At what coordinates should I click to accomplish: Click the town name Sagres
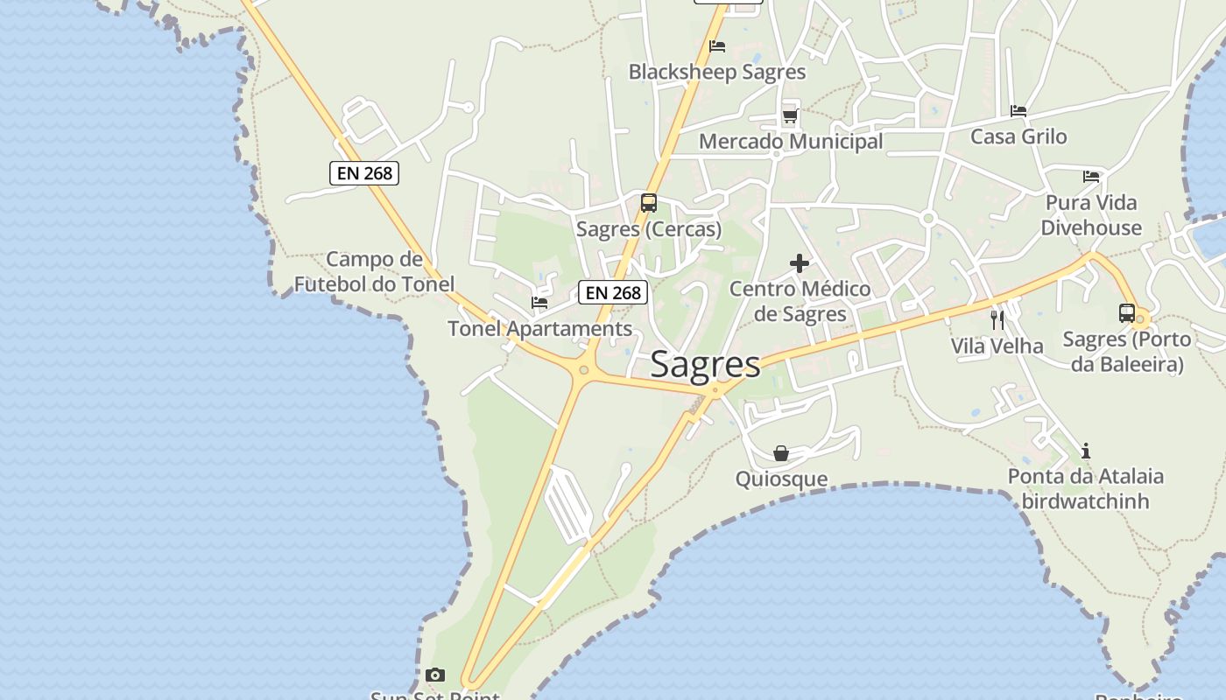705,365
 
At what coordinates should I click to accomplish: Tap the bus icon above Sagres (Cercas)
649,203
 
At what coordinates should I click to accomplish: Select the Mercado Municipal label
790,141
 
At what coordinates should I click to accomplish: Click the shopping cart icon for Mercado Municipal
790,115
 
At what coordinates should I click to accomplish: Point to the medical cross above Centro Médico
799,262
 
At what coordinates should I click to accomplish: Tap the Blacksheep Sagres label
716,72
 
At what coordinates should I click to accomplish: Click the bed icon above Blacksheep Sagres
717,46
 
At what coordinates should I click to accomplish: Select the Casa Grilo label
1018,136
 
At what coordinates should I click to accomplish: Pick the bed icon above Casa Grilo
1018,111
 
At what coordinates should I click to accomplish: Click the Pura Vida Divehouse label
1091,215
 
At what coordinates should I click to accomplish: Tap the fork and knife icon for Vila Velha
997,320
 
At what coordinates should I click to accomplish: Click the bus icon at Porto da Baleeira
1127,313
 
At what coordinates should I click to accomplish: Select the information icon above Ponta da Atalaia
1086,451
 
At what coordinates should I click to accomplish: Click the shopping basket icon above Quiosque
781,453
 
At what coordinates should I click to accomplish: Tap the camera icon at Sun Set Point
435,675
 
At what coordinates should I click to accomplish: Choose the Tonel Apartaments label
539,329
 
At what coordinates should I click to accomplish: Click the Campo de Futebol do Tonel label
374,271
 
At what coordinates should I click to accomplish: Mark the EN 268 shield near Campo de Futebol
364,173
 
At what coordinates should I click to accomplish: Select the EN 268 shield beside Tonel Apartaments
613,292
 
